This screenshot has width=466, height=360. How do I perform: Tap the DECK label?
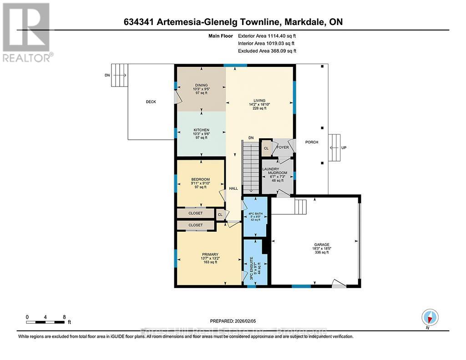point(151,102)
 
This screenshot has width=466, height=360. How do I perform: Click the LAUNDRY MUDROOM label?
point(274,171)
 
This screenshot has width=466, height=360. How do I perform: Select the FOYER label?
point(283,147)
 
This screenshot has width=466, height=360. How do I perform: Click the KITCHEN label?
point(201,130)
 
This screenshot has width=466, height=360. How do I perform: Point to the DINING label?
point(201,85)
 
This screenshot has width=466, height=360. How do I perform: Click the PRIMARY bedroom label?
point(210,254)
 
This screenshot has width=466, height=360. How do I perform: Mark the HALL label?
point(233,188)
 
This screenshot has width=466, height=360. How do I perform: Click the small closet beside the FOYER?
point(266,148)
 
